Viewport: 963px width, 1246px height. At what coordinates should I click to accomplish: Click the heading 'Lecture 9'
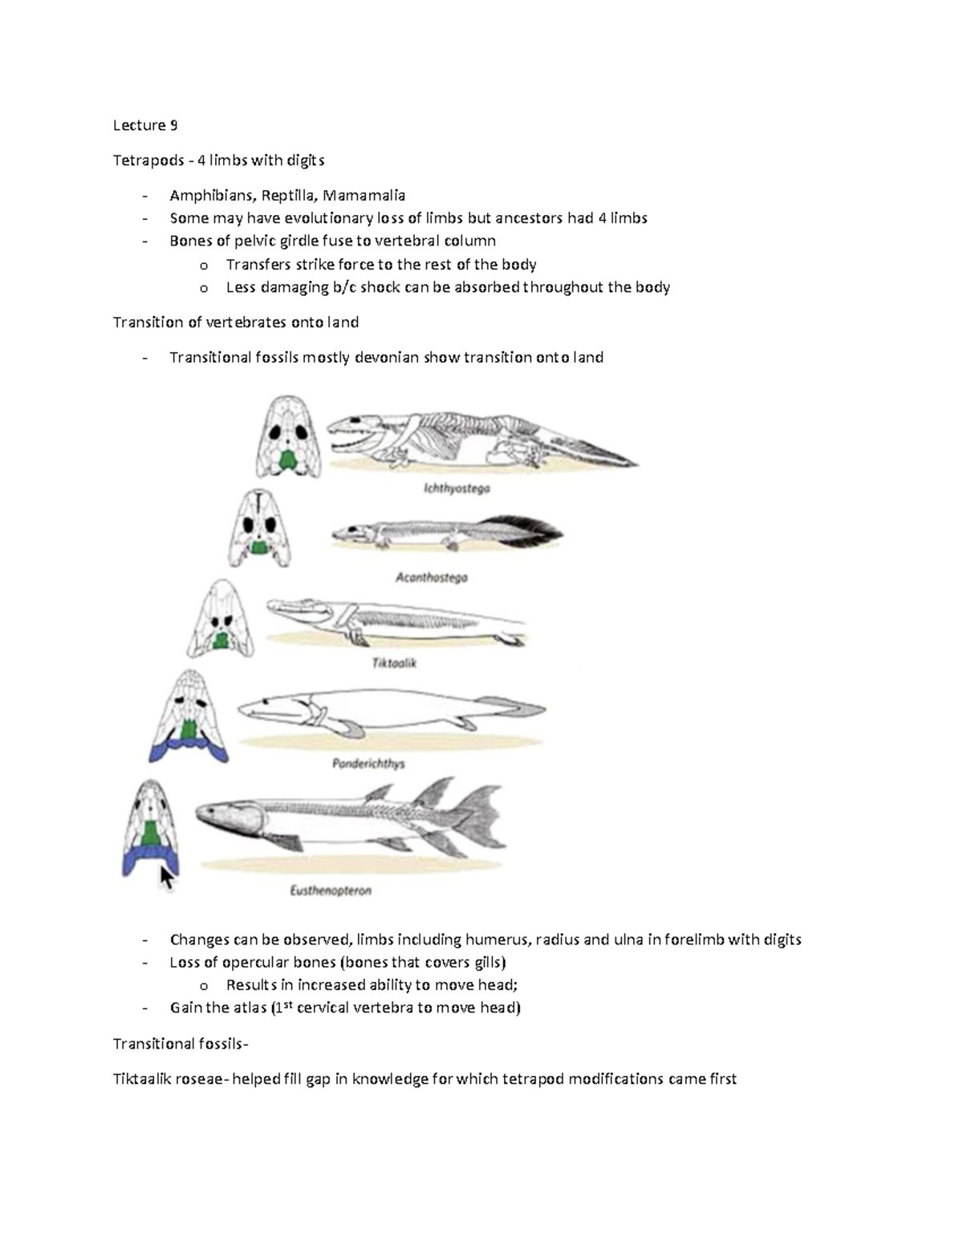(144, 125)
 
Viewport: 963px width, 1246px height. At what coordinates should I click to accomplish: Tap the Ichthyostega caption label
(457, 488)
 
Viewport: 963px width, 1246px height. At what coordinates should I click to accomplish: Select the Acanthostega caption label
(432, 577)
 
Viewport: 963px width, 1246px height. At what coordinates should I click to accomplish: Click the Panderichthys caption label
(368, 764)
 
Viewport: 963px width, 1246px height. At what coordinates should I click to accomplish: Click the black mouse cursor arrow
(167, 878)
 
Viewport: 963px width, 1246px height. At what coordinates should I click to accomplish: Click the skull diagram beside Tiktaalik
(221, 619)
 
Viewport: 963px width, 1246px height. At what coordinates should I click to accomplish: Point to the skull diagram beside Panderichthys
(189, 716)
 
